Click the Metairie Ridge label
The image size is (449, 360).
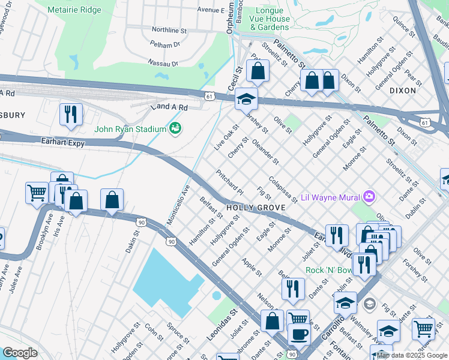(x=76, y=10)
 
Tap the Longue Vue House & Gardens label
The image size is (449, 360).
(x=270, y=19)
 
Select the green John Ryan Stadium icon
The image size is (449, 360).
(x=175, y=128)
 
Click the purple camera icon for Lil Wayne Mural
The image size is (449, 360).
(x=369, y=197)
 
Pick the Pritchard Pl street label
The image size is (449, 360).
(x=230, y=182)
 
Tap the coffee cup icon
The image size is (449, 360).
(x=298, y=334)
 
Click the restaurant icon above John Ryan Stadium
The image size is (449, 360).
(x=71, y=114)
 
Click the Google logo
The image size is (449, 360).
(x=20, y=353)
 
